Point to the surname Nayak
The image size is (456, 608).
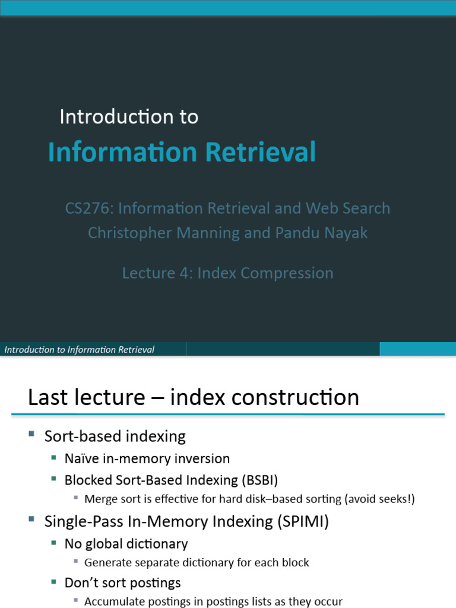[345, 233]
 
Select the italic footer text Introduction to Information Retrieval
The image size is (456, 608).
[79, 350]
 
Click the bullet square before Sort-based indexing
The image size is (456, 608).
[31, 435]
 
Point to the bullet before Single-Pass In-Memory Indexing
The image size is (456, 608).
[31, 520]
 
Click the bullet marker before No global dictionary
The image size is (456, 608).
[53, 542]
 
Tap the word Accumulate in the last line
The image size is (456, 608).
[113, 601]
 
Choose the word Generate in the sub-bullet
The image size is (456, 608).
[106, 562]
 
